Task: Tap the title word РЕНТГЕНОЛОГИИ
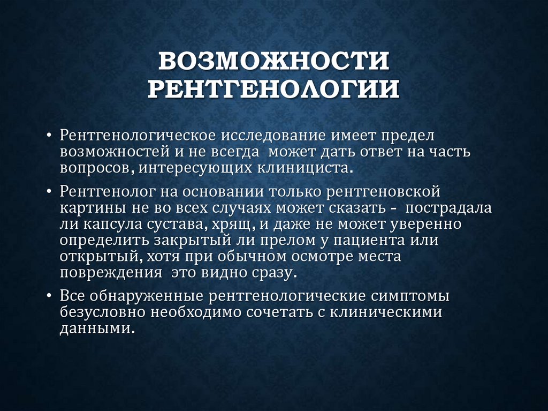[273, 89]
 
